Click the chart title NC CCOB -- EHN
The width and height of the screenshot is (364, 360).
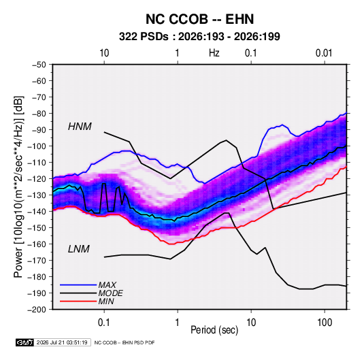point(199,19)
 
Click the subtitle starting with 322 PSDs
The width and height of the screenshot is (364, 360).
point(199,37)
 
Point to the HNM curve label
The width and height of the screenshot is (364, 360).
point(80,127)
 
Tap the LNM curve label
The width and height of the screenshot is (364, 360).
point(79,249)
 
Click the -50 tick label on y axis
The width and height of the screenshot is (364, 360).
point(39,65)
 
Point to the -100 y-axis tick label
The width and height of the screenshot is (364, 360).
point(37,146)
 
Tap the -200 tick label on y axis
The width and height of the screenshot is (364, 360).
point(37,310)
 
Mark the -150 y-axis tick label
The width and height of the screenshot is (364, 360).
point(37,228)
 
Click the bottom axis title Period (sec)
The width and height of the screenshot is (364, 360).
point(214,330)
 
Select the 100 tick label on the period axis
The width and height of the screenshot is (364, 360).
point(325,323)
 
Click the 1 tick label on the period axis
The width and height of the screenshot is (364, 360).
point(178,323)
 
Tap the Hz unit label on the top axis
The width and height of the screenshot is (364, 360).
point(214,53)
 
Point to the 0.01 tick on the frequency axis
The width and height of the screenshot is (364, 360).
point(324,53)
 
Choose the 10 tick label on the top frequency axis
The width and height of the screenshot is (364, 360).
point(104,53)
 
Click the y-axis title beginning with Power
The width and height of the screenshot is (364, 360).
point(18,187)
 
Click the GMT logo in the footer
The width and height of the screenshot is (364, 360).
point(25,342)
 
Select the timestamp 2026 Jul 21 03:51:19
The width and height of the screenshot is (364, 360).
point(62,342)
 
